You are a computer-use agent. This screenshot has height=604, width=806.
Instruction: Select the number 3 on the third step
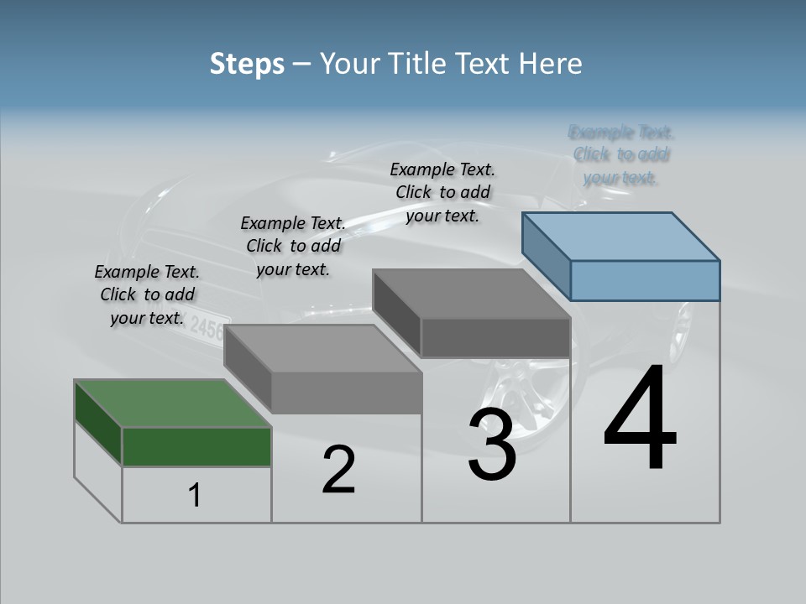point(492,445)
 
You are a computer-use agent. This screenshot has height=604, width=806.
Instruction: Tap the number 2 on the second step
point(338,470)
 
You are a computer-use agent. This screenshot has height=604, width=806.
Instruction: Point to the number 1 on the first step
point(195,496)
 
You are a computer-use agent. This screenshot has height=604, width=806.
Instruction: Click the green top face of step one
point(173,403)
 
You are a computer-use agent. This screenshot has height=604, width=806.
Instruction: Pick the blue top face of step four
point(621,236)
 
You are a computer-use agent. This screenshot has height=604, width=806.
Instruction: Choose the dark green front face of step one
point(196,446)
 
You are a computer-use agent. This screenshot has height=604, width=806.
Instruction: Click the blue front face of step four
point(645,280)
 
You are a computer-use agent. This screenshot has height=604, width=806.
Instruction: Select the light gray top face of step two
point(322,348)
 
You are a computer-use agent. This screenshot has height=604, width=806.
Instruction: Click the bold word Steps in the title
point(247,64)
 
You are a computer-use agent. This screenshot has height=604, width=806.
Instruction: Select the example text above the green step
point(147,294)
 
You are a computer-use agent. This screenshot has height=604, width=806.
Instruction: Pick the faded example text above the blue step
point(620,154)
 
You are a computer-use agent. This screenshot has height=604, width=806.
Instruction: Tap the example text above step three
point(442,192)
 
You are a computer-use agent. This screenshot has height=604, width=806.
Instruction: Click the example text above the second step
point(293,246)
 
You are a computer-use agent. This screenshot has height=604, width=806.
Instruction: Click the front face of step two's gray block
point(346,393)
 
